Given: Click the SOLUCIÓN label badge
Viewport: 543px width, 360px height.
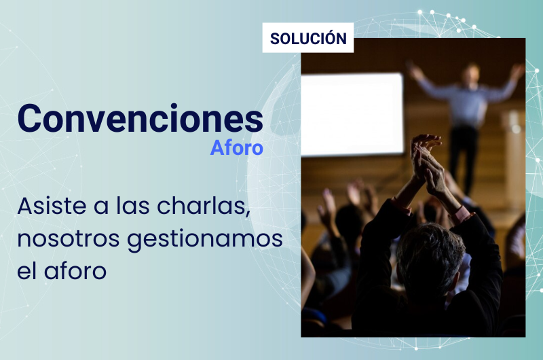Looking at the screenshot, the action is [308, 38].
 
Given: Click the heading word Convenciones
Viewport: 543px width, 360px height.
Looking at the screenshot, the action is [141, 118].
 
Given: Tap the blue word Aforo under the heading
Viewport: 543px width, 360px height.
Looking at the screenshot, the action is [236, 148].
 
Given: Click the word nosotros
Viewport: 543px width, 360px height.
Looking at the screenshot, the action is [69, 239].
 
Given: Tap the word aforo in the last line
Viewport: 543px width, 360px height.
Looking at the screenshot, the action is [75, 270].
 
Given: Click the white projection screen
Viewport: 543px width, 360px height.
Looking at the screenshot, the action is [352, 114].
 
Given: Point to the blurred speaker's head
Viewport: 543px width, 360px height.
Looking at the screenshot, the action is [471, 73].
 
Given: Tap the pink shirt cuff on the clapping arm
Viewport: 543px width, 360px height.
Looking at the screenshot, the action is [460, 213].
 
